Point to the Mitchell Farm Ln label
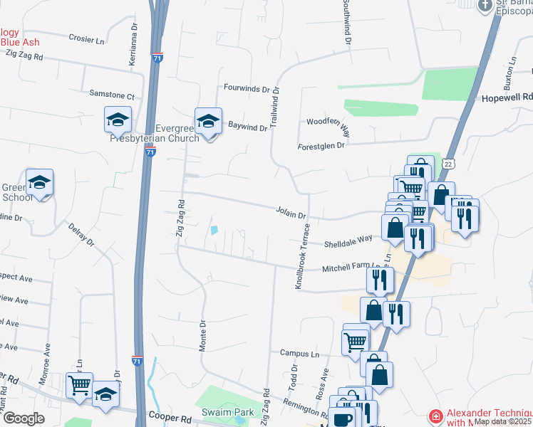[x=356, y=266]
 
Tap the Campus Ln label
[x=299, y=353]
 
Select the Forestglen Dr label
[x=321, y=145]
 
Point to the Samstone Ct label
[x=112, y=95]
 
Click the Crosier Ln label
[x=86, y=38]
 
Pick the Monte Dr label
[x=202, y=332]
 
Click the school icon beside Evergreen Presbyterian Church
[x=208, y=121]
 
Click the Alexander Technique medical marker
[x=434, y=416]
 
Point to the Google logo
[x=24, y=418]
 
